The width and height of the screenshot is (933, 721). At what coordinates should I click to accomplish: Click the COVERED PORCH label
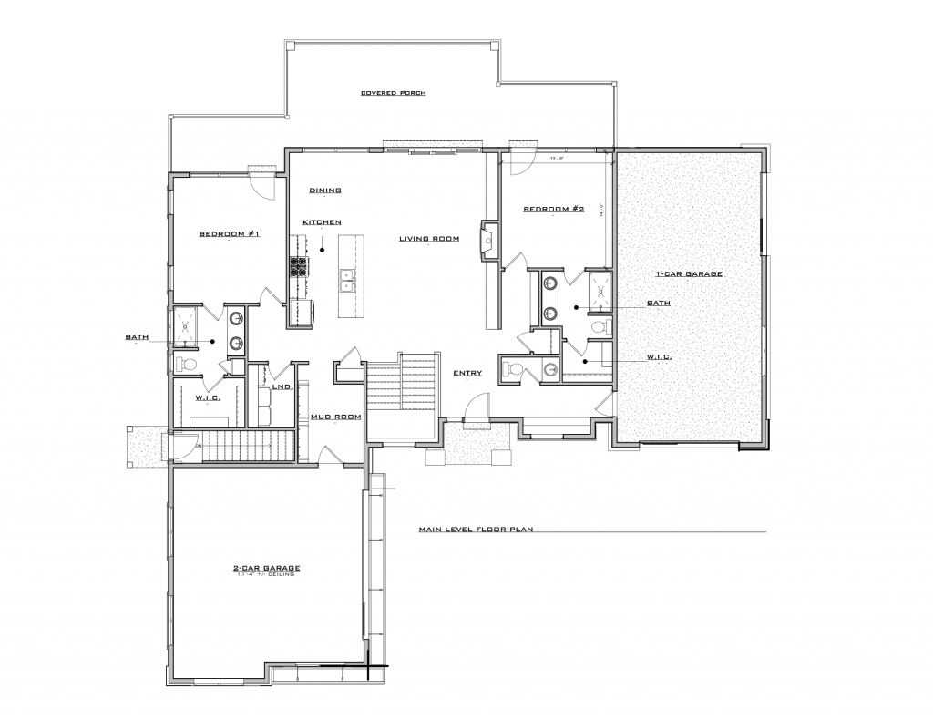[393, 93]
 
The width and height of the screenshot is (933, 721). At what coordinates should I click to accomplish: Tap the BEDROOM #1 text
[230, 234]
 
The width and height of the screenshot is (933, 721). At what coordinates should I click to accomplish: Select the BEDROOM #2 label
[552, 209]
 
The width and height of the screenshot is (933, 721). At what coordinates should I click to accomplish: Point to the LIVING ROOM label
[428, 239]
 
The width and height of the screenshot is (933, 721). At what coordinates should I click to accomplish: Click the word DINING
[324, 191]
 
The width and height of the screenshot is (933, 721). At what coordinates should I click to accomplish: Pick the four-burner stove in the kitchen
[298, 265]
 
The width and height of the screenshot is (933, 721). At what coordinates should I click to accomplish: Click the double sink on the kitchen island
[347, 281]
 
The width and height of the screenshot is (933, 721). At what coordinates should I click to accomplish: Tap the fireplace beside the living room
[488, 241]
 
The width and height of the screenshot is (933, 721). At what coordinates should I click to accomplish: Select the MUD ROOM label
[336, 417]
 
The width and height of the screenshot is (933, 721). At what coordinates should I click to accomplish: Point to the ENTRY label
[467, 373]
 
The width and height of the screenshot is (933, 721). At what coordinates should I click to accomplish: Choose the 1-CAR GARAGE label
[689, 273]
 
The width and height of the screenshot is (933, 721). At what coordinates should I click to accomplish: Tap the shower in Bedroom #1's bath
[186, 325]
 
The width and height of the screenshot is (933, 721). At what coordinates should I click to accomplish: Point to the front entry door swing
[477, 407]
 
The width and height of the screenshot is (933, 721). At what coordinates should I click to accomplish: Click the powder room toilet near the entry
[513, 369]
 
